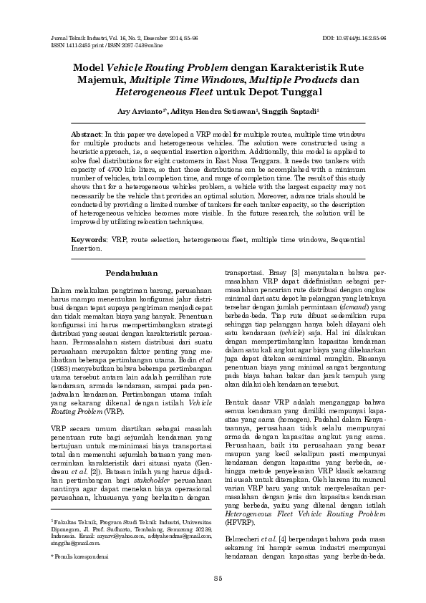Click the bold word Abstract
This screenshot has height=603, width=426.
point(86,135)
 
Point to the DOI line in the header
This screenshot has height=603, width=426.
point(354,37)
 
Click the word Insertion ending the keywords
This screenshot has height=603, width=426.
point(88,247)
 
